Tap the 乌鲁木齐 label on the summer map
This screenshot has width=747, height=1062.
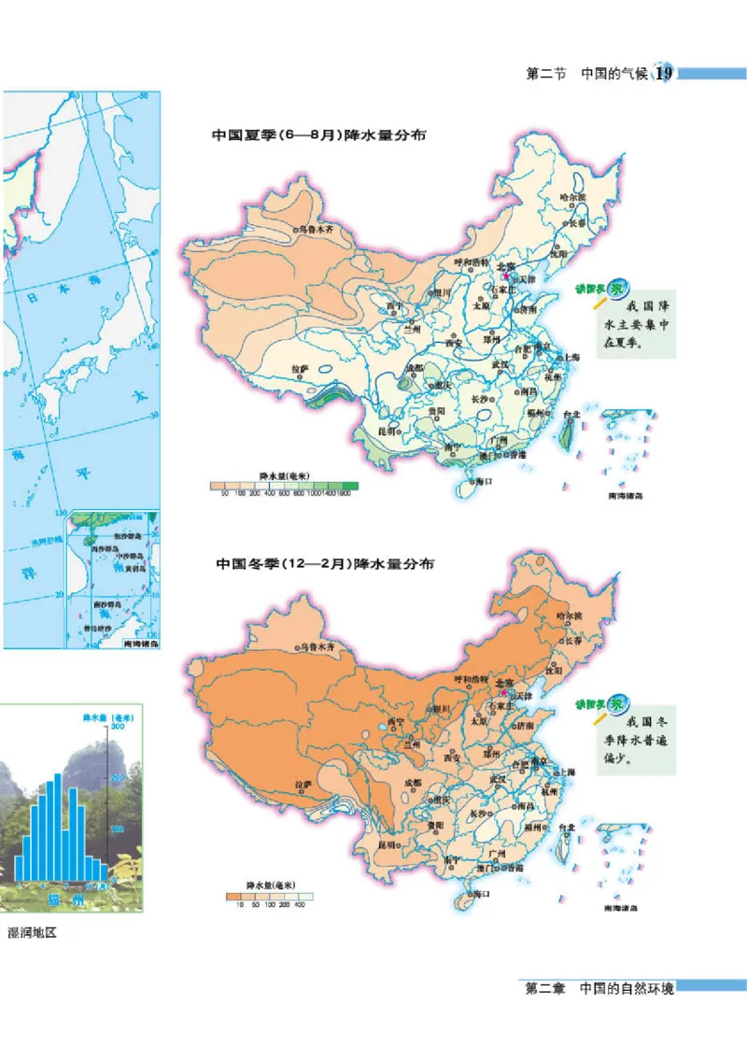(316, 229)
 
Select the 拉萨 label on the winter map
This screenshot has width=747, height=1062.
(303, 785)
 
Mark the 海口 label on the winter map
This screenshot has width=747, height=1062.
(482, 894)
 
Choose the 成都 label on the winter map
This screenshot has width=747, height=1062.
(412, 782)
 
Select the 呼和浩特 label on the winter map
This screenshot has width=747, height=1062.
(472, 679)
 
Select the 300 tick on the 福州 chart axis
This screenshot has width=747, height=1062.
(118, 726)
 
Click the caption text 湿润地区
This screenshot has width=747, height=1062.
(33, 932)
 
